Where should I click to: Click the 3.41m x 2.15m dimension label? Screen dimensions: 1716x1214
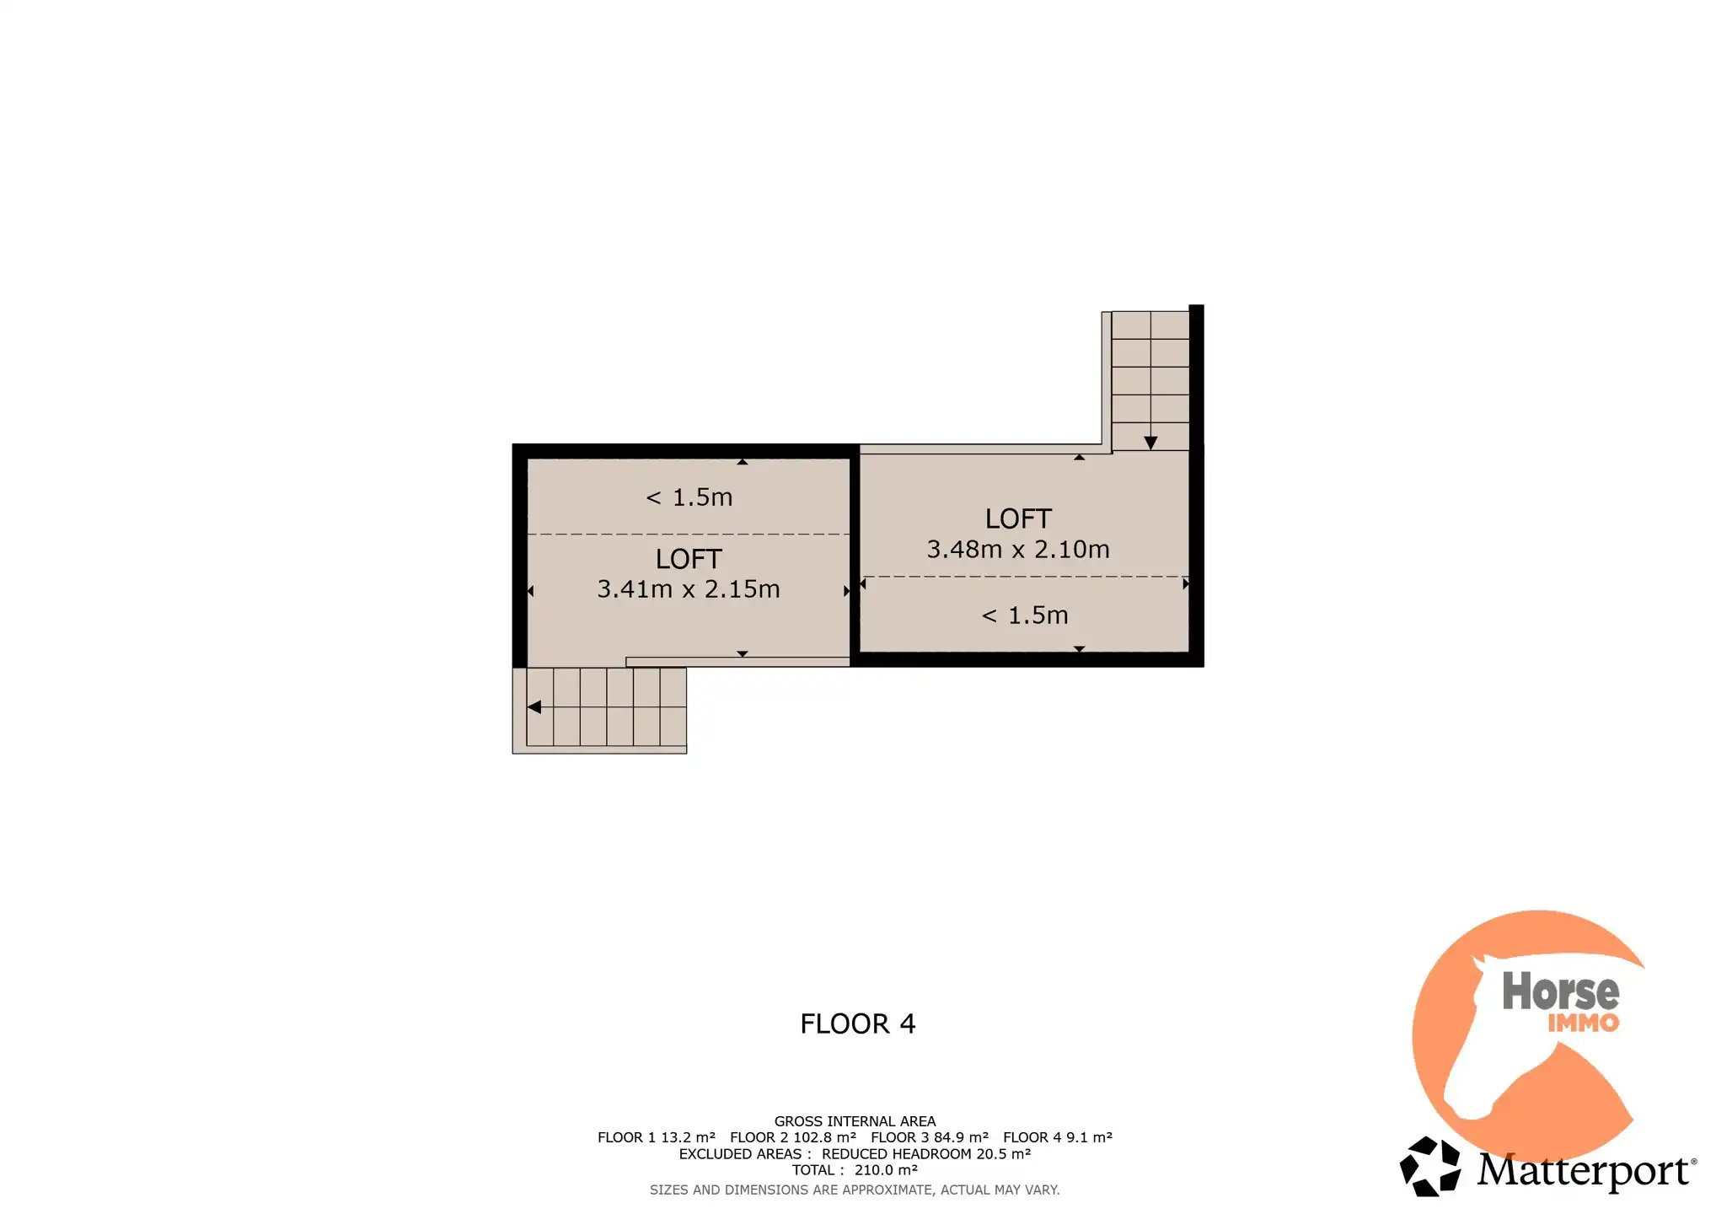689,588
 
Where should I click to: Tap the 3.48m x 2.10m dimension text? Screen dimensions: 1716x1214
1018,549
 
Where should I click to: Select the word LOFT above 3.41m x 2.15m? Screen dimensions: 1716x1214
689,559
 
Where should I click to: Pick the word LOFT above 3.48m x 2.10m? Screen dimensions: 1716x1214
1018,518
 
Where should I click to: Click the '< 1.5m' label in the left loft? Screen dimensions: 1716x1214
689,497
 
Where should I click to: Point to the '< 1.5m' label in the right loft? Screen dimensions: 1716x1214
1025,615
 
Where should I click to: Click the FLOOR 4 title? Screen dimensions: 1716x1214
857,1023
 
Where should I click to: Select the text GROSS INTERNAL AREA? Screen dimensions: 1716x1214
855,1121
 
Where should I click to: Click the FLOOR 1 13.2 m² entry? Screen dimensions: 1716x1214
657,1137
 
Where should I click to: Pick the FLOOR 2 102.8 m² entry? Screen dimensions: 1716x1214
793,1137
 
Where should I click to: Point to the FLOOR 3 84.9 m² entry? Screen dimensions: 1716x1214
930,1137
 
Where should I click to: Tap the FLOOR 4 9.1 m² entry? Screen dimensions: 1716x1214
1058,1137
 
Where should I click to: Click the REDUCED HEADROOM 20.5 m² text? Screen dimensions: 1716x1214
926,1154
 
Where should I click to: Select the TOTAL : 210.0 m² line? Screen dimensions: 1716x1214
855,1170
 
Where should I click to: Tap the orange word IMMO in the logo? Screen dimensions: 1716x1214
1584,1023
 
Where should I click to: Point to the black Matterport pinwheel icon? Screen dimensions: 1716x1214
1429,1166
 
